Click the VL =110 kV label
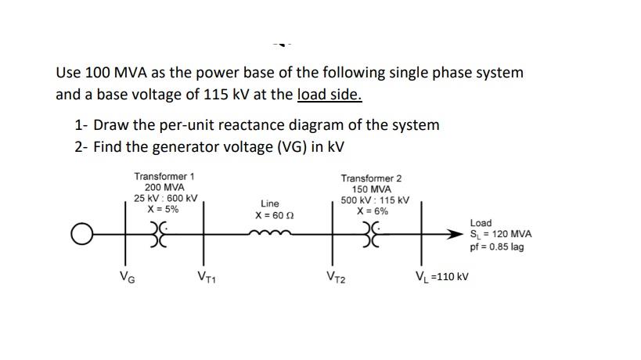pyautogui.click(x=441, y=275)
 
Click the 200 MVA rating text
pyautogui.click(x=164, y=188)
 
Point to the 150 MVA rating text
pyautogui.click(x=372, y=189)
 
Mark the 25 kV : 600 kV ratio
pyautogui.click(x=164, y=199)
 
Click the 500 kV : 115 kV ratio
pyautogui.click(x=372, y=200)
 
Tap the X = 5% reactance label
pyautogui.click(x=164, y=210)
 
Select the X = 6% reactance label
pyautogui.click(x=372, y=211)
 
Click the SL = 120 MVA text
pyautogui.click(x=501, y=234)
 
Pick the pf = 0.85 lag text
pyautogui.click(x=497, y=247)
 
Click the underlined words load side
pyautogui.click(x=330, y=95)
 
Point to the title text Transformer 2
pyautogui.click(x=372, y=178)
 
